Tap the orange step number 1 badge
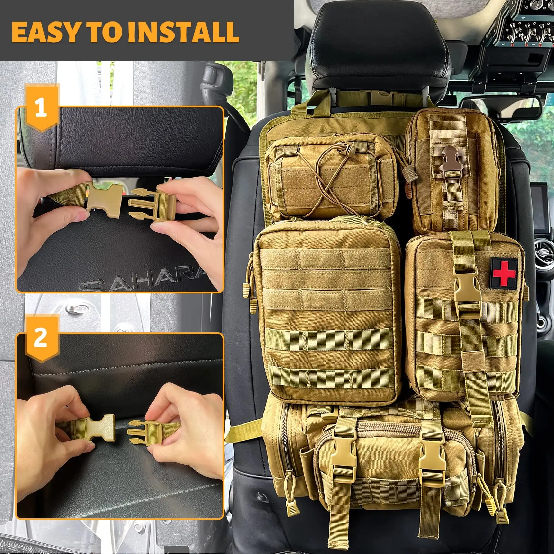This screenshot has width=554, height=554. [x=41, y=108]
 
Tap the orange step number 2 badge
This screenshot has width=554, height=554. [x=41, y=338]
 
